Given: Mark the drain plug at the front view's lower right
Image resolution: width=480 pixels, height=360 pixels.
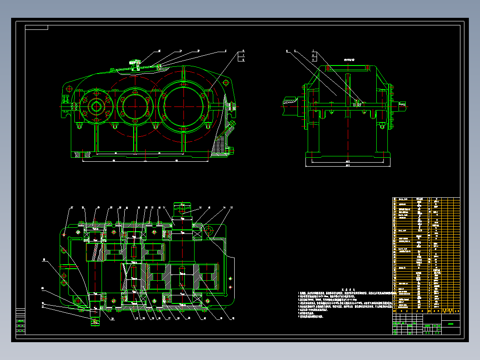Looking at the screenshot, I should coord(231,151).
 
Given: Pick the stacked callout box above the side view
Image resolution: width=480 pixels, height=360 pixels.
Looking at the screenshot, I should coord(314,55).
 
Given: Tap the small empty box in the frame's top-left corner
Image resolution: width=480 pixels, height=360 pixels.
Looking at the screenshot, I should coord(37,27).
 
